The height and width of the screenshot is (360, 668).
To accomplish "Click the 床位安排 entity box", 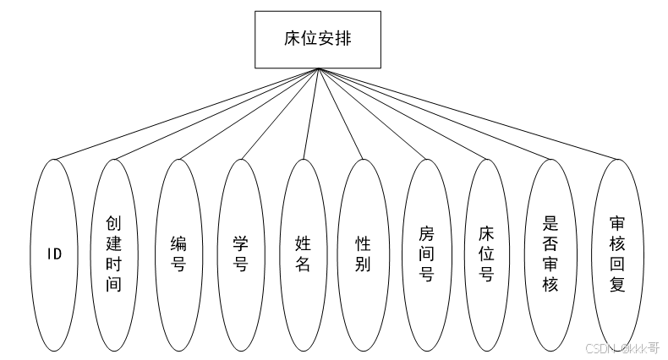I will (x=318, y=39).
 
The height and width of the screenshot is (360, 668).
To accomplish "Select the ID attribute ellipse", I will (x=54, y=254).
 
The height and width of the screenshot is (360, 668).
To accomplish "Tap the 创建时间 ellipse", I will (x=113, y=254).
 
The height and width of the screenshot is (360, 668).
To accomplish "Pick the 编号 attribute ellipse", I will (x=178, y=254).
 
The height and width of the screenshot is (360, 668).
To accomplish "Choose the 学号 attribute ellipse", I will (x=240, y=254).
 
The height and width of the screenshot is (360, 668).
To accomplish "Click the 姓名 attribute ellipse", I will (x=303, y=254).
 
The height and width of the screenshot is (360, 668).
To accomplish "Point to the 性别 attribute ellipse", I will (x=364, y=254).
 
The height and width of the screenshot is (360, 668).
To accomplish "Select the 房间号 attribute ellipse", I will (x=427, y=254).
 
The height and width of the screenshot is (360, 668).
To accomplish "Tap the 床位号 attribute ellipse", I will (x=486, y=254).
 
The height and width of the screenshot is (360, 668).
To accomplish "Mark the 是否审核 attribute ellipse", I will (x=550, y=254).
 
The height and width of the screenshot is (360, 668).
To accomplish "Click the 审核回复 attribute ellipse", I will (x=617, y=254).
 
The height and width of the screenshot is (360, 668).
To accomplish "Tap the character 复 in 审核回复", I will (x=617, y=285).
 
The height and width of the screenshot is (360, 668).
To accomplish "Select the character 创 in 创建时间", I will (x=113, y=223).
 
